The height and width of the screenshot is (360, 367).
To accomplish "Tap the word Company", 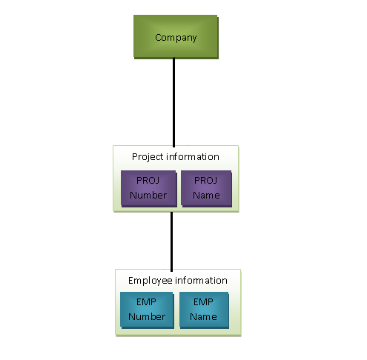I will pos(176,37).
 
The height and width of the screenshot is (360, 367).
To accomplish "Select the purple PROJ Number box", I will pos(148,188).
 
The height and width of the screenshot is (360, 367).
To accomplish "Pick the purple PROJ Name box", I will pos(207,188).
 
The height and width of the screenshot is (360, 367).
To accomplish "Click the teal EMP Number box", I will pos(146,310).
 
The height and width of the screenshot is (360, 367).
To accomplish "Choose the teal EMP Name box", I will pos(203,310).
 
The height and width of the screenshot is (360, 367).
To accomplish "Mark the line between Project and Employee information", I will pos(172,241).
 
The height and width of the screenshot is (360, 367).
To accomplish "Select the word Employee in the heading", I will pos(151,281).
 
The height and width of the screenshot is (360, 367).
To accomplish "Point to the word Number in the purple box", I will pos(148,196).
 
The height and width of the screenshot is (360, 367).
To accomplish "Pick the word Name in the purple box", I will pos(207,196).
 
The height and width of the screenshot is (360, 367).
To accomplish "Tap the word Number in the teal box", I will pos(146,317).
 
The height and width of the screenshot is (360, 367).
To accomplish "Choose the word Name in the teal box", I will pos(203,317).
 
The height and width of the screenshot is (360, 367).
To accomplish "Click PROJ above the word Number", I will pos(148,181).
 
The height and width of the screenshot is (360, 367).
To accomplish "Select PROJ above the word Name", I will pos(207,181).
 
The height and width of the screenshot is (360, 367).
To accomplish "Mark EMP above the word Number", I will pos(146,302).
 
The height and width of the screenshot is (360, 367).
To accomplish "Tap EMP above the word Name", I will pos(203,302).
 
